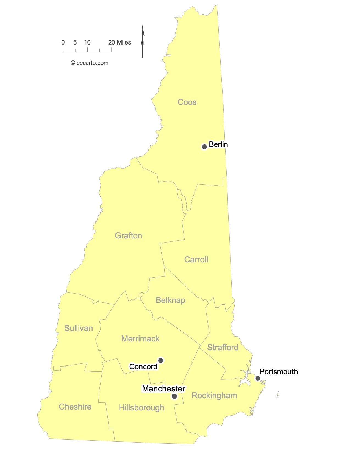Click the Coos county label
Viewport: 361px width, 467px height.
point(187,102)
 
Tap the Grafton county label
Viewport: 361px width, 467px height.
point(128,236)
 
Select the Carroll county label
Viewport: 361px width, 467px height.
point(196,260)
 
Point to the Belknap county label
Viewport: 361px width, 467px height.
point(170,300)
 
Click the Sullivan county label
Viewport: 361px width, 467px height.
point(79,328)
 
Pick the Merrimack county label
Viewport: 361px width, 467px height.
point(140,339)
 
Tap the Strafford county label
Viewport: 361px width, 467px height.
point(223,348)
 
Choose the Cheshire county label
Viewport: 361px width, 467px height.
point(75,407)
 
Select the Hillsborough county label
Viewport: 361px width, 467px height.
point(141,408)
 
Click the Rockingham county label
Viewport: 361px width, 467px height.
point(214,396)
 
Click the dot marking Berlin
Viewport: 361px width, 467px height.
point(204,147)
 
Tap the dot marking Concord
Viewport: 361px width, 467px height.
point(161,360)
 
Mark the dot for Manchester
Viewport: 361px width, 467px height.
point(174,396)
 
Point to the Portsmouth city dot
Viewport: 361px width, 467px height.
point(258,379)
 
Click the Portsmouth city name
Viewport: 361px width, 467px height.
point(279,372)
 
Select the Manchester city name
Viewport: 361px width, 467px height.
point(163,389)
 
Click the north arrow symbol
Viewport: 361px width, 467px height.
point(142,41)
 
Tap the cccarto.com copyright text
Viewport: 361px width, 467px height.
point(90,63)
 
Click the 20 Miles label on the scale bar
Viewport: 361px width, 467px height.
point(120,43)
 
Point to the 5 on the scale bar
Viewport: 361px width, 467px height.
point(75,43)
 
